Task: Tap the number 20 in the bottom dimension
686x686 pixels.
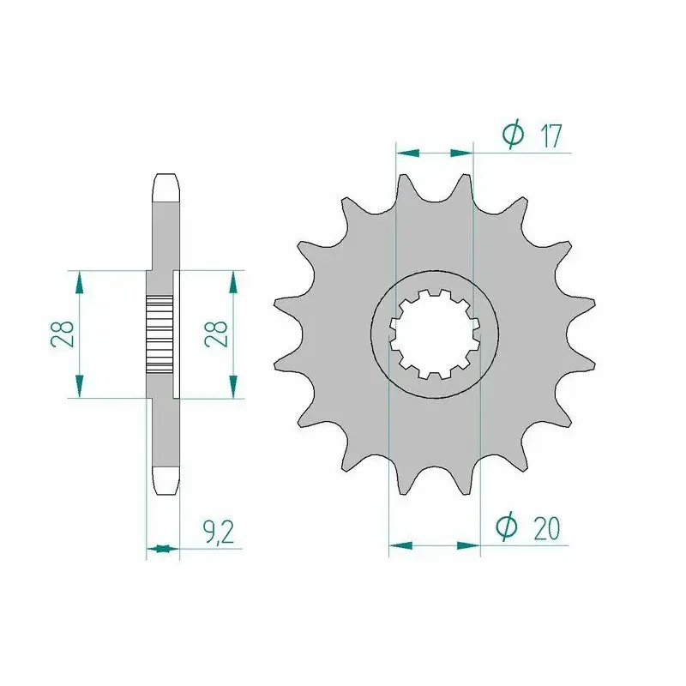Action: tap(546, 528)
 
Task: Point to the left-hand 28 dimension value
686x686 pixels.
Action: tap(62, 334)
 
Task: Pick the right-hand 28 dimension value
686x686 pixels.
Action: tap(216, 334)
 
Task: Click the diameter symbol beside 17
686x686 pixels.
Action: tap(513, 134)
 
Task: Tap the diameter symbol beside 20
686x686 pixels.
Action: tap(507, 527)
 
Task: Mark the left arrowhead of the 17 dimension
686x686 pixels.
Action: tap(407, 153)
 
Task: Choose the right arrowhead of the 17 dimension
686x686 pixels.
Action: tap(461, 153)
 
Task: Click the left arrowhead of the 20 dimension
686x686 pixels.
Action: tap(400, 545)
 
